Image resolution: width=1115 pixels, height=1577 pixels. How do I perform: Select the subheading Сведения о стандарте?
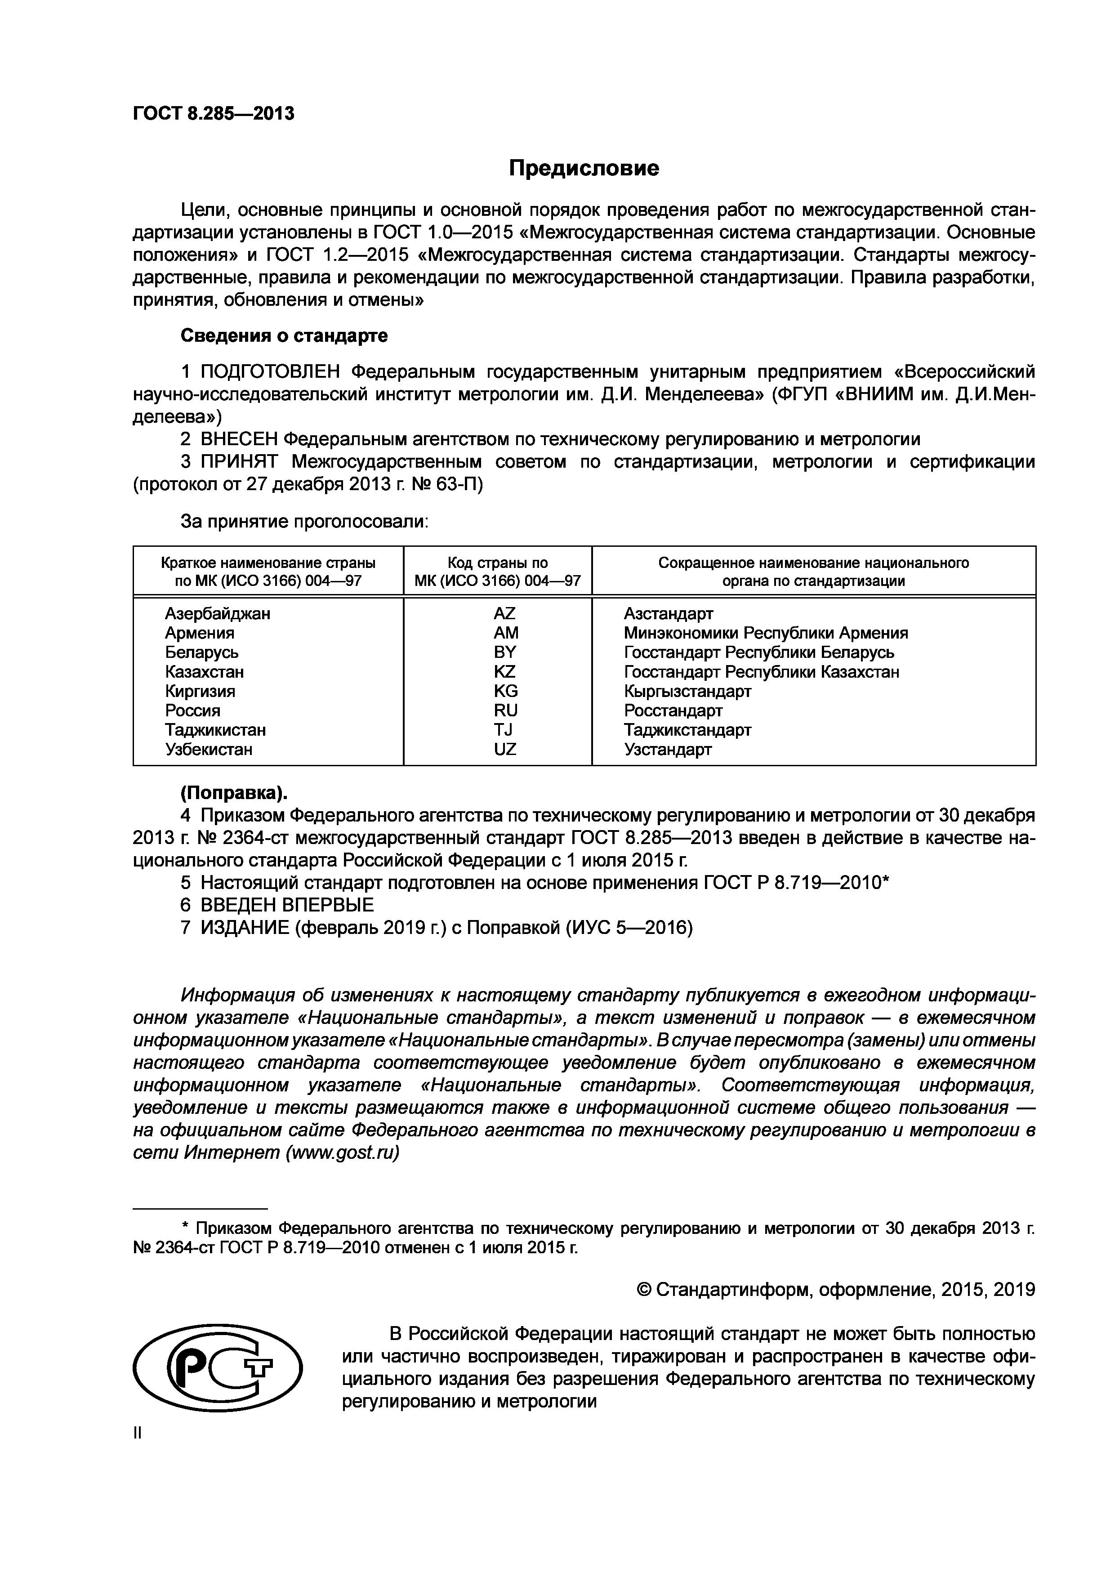point(284,336)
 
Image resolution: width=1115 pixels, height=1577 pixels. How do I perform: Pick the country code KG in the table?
point(505,691)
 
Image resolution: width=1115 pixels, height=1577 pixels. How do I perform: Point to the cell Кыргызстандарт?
point(687,691)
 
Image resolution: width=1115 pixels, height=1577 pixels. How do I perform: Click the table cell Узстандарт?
point(667,749)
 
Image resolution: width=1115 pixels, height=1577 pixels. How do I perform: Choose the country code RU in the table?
point(505,710)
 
